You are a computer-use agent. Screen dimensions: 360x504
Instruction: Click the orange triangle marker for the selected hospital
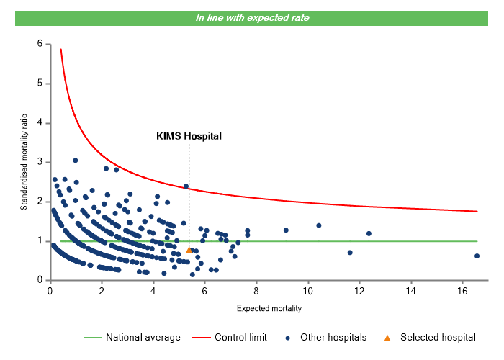(189, 250)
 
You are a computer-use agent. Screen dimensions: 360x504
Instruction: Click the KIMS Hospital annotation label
(189, 135)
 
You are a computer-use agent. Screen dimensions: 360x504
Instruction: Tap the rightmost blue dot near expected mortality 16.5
(477, 256)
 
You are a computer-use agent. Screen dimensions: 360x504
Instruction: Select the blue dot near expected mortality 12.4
(369, 233)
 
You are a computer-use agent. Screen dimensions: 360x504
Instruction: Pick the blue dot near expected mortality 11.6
(350, 253)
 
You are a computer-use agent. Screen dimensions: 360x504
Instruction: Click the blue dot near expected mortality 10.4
(319, 225)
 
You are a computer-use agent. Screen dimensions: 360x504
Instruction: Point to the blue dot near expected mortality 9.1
(286, 230)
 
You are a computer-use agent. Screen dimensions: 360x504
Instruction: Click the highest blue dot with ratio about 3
(75, 161)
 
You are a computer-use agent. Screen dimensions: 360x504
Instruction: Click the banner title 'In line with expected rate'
(252, 18)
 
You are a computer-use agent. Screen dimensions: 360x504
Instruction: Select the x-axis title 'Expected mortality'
(269, 309)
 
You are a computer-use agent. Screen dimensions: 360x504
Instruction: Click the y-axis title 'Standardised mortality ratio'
(24, 161)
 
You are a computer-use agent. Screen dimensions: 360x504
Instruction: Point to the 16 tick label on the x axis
(463, 291)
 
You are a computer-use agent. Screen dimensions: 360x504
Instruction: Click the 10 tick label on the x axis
(308, 291)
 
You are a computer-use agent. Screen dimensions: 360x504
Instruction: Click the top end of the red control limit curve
(60, 50)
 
